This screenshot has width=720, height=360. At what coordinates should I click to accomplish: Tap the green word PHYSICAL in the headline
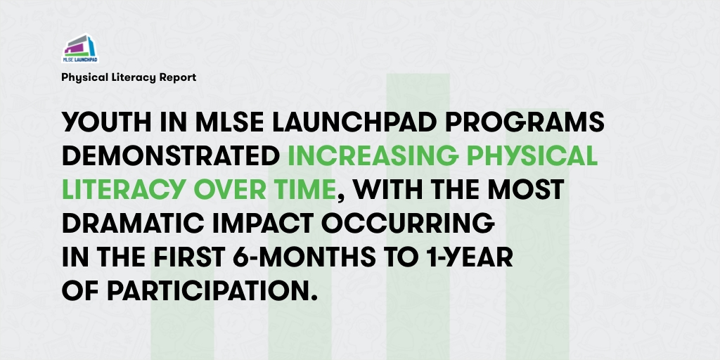point(544,157)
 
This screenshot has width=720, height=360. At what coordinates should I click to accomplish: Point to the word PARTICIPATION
point(212,289)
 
